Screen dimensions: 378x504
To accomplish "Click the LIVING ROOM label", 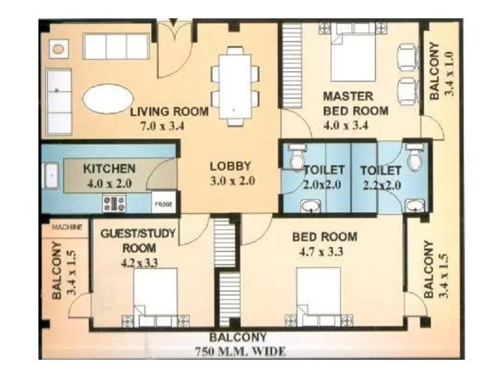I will point(169,112).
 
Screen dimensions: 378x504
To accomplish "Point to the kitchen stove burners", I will point(114,203).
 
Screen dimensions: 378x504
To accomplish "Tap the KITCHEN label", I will point(109,169).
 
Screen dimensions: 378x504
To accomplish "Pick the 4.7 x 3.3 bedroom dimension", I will point(324,252).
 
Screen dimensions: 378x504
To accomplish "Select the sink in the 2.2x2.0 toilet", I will point(414,205).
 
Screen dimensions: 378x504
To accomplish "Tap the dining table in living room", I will point(234,85).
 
